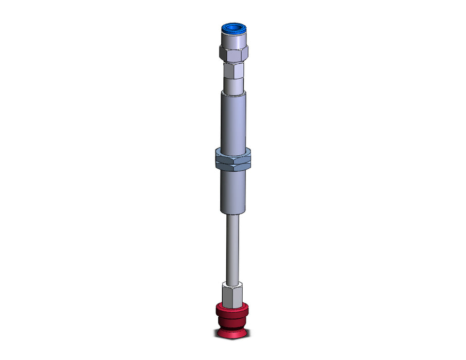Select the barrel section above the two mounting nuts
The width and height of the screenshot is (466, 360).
point(234,121)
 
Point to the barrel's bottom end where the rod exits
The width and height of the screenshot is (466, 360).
point(234,212)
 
